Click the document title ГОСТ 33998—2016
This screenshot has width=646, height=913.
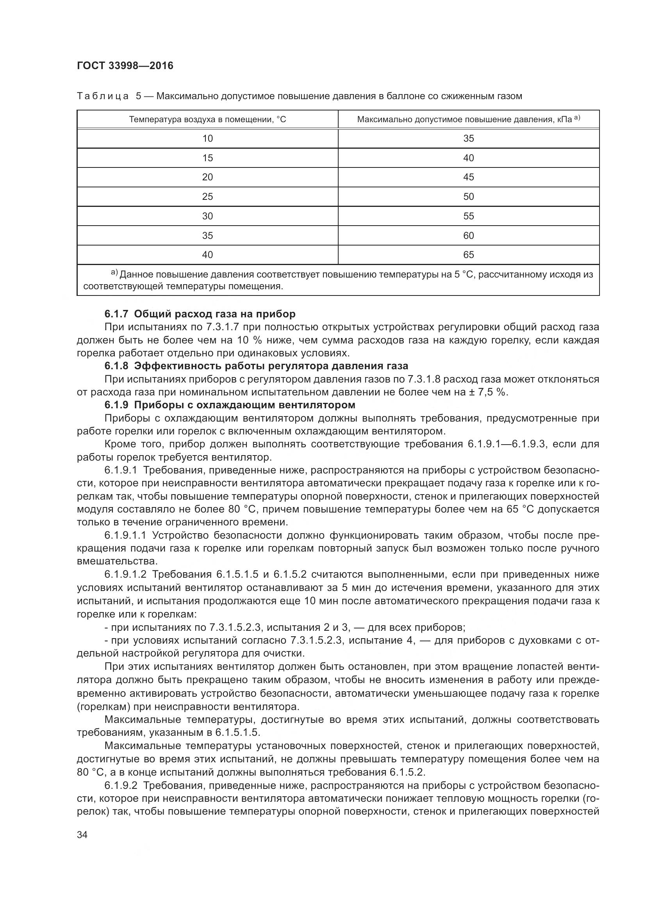(x=125, y=66)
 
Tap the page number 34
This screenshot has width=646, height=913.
(x=82, y=835)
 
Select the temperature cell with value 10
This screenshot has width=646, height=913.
(x=207, y=139)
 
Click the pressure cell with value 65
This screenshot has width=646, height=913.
(x=468, y=255)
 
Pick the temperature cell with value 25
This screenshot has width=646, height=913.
(x=207, y=196)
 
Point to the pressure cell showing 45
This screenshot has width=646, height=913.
(x=468, y=177)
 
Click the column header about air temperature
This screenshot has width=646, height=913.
(x=207, y=119)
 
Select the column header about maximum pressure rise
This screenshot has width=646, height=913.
(x=468, y=119)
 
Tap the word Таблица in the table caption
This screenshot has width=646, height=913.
(x=103, y=96)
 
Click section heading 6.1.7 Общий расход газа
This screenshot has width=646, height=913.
(x=200, y=314)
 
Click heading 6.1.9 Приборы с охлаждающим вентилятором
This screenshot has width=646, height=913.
(x=230, y=405)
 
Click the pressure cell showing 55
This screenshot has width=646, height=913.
(x=468, y=216)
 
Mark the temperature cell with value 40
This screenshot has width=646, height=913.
(x=207, y=255)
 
